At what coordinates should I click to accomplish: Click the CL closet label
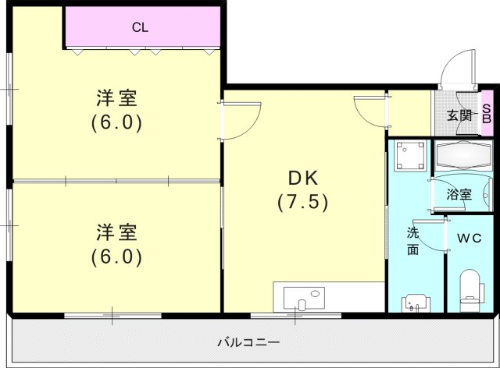pyautogui.click(x=140, y=28)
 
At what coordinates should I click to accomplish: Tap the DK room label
pyautogui.click(x=302, y=177)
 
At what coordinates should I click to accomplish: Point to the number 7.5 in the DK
pyautogui.click(x=302, y=201)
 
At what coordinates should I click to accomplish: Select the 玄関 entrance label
pyautogui.click(x=459, y=115)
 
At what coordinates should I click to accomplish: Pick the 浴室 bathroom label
pyautogui.click(x=459, y=194)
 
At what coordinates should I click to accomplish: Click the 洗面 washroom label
pyautogui.click(x=413, y=241)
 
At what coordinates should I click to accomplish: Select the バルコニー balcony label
pyautogui.click(x=248, y=342)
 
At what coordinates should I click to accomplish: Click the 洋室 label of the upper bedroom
pyautogui.click(x=118, y=99)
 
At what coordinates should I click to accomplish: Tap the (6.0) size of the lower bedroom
pyautogui.click(x=118, y=256)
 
